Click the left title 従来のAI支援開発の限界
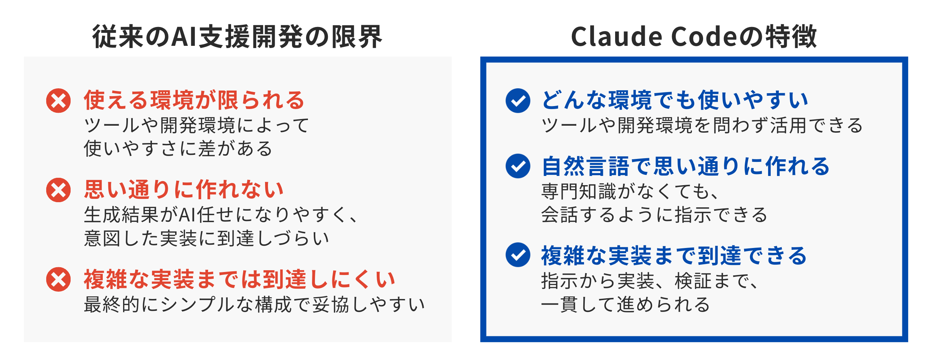[237, 37]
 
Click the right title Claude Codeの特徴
[693, 37]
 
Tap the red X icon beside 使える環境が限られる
[58, 101]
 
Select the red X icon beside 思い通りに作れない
[58, 190]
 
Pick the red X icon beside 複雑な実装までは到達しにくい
[58, 279]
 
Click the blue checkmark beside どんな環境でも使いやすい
[518, 101]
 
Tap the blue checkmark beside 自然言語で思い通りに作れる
[518, 166]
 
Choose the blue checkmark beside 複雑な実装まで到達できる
[518, 255]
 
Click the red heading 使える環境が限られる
[194, 100]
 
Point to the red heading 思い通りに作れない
[184, 190]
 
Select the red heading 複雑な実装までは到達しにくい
[240, 279]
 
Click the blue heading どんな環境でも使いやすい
[675, 100]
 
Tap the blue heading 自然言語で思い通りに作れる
[686, 166]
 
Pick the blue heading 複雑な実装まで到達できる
[674, 255]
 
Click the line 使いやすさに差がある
[178, 149]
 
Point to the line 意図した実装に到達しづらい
[206, 238]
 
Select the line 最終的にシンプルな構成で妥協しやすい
[254, 305]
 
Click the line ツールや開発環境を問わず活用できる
[702, 125]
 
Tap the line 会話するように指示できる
[654, 215]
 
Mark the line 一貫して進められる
[625, 305]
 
